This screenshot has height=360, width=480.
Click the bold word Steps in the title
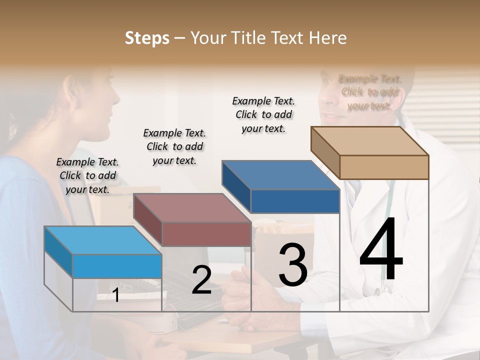[x=147, y=38]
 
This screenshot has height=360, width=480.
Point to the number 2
[x=201, y=280]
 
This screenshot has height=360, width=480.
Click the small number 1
[x=116, y=295]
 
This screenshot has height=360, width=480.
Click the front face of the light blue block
[x=117, y=266]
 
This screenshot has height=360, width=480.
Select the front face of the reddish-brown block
[x=206, y=234]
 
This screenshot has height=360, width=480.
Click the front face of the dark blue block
[x=295, y=201]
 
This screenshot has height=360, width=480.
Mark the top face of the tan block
[x=370, y=140]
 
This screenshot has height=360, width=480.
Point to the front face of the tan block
[x=384, y=167]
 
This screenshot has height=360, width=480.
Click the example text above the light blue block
[x=87, y=175]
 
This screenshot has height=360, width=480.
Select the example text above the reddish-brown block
[x=174, y=146]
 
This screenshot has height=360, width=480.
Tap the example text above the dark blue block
[x=263, y=114]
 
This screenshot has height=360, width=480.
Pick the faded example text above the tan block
[x=369, y=92]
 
